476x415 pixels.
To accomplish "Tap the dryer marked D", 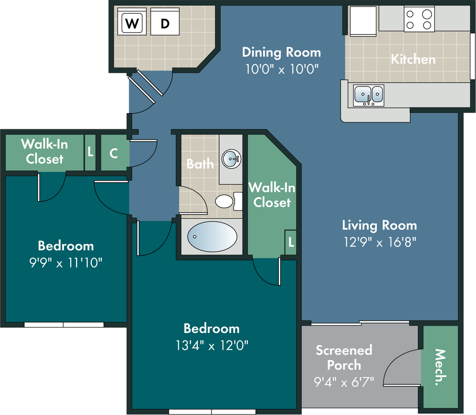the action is coord(165,22).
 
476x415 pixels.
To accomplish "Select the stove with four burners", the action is coord(419,19).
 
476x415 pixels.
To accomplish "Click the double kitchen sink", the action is coord(369,95).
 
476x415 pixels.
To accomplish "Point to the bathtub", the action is coord(212,237).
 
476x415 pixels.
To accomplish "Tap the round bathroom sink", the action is coord(231,159).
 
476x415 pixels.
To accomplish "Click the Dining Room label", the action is coord(281,52).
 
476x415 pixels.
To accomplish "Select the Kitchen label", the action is coord(413,59).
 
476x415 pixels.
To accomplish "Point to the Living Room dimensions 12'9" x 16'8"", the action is coord(380,242).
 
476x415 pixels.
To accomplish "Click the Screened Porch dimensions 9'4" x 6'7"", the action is coord(344,382).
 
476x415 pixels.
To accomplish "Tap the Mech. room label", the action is coord(440,367).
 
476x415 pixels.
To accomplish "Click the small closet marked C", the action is coord(114,153).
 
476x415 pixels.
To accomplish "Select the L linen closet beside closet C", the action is coord(90,152).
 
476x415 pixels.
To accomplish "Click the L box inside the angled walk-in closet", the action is coord(291,242).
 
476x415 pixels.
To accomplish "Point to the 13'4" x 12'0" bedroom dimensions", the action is coord(212,345).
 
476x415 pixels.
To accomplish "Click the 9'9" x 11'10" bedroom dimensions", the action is coord(66,263).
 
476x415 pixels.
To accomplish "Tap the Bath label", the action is coord(200,164).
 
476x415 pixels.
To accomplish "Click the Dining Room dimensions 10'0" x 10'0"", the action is coord(282,69).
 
